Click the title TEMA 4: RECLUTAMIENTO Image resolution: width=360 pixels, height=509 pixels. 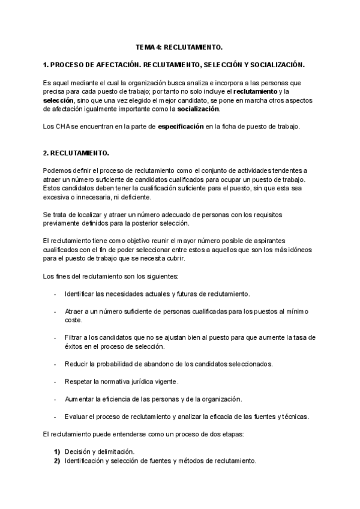pos(179,46)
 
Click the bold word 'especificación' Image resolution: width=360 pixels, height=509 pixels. pos(180,126)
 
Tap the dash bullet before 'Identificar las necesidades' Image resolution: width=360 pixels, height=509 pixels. pos(55,294)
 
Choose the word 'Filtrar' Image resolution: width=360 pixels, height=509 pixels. pos(75,337)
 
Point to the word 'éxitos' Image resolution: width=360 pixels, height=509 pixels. pos(74,346)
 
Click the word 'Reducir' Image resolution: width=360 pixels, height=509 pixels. pos(77,364)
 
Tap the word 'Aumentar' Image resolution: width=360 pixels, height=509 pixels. pos(80,399)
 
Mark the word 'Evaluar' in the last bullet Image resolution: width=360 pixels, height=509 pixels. pos(77,416)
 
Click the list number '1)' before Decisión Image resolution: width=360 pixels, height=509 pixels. pos(57,451)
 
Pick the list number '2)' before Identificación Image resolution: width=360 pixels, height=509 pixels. pos(57,460)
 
